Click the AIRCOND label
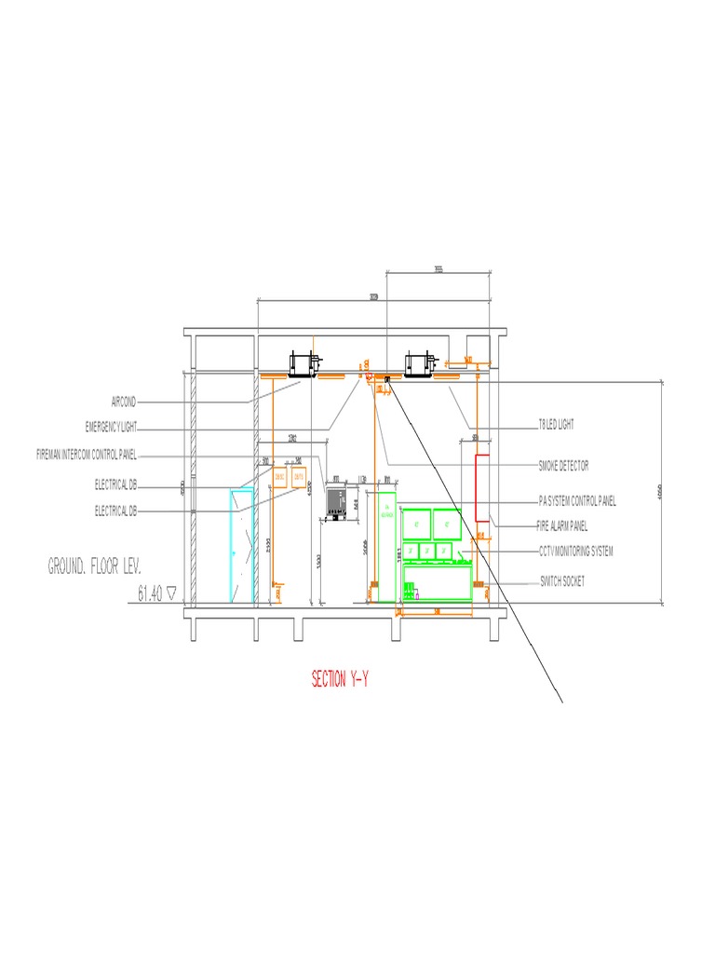(124, 402)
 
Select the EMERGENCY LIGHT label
(111, 427)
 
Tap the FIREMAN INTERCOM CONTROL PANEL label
(87, 455)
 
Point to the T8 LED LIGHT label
(557, 424)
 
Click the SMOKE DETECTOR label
(563, 465)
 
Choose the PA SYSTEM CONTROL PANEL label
(577, 501)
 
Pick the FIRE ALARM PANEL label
(563, 525)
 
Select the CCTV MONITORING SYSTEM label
(576, 552)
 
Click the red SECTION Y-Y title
(341, 680)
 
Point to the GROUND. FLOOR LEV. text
(96, 566)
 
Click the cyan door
(242, 546)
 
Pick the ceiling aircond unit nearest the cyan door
(304, 363)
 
